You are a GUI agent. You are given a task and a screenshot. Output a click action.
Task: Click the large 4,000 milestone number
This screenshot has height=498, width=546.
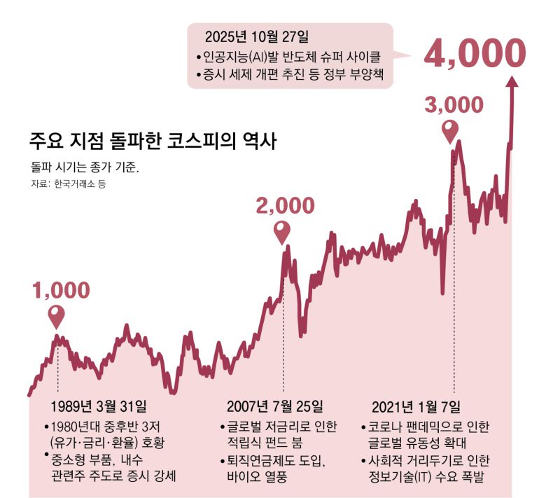tap(475, 53)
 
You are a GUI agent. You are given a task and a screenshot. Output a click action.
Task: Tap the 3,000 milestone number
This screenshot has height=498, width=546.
tap(454, 104)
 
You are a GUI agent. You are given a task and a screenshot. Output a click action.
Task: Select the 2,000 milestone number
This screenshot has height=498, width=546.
tap(285, 205)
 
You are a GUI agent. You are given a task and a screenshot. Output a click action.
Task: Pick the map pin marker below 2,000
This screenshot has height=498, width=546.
tap(282, 232)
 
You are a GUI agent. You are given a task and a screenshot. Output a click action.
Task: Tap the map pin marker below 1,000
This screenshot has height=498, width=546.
tap(57, 317)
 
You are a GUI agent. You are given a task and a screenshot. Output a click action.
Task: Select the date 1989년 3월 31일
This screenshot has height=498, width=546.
tap(99, 407)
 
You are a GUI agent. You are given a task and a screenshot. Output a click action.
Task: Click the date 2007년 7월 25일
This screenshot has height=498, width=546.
tap(275, 407)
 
